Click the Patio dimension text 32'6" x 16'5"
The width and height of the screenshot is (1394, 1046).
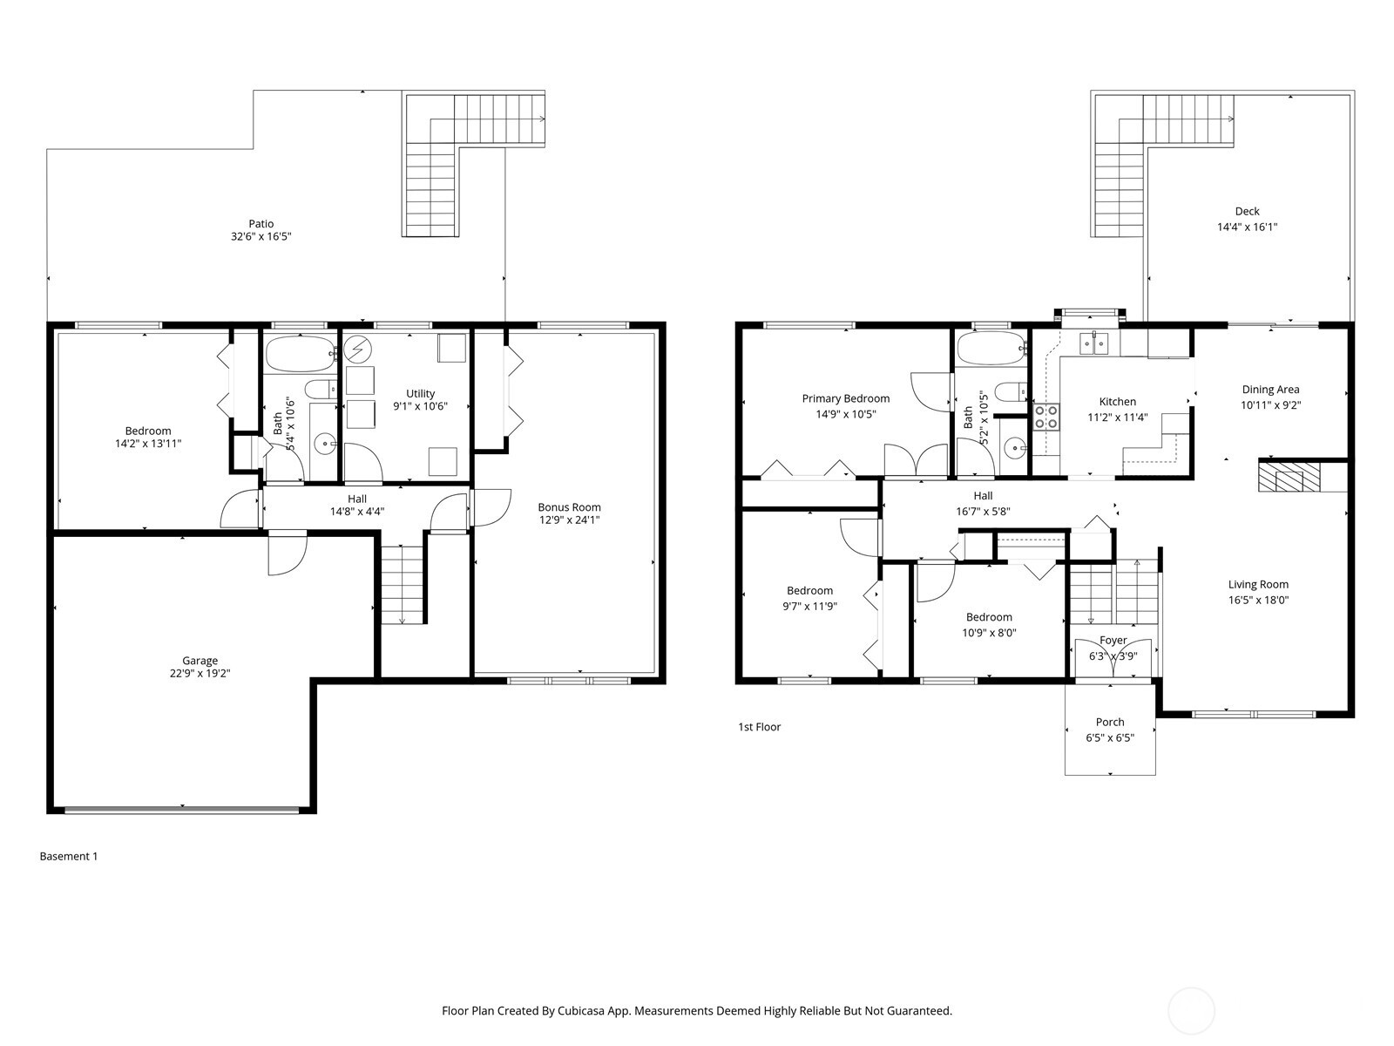pyautogui.click(x=261, y=236)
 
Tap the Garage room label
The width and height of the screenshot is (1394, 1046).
pyautogui.click(x=200, y=661)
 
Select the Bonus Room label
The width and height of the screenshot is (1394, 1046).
pyautogui.click(x=569, y=507)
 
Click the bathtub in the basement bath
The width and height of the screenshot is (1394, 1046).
pyautogui.click(x=299, y=353)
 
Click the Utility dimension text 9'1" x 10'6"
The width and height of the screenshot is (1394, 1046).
pyautogui.click(x=420, y=406)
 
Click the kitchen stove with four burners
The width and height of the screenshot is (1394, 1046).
pyautogui.click(x=1045, y=417)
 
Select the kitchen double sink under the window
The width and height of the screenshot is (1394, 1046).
pyautogui.click(x=1093, y=344)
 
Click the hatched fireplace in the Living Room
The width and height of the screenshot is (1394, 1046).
pyautogui.click(x=1280, y=478)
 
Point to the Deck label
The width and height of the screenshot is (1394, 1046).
pyautogui.click(x=1247, y=211)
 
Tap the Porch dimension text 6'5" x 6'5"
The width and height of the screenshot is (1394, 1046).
pyautogui.click(x=1109, y=737)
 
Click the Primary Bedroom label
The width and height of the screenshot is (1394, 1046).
pyautogui.click(x=845, y=398)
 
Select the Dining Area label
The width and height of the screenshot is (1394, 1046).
pyautogui.click(x=1269, y=390)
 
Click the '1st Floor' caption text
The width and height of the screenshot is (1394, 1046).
pyautogui.click(x=759, y=727)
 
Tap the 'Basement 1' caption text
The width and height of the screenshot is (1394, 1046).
pyautogui.click(x=69, y=856)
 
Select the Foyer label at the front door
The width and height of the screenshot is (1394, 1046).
pyautogui.click(x=1113, y=641)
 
